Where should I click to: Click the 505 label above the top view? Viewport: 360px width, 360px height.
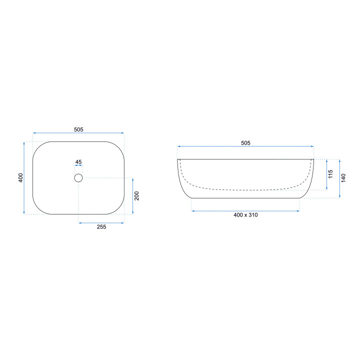[78, 129]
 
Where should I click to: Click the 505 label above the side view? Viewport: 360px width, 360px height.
[245, 143]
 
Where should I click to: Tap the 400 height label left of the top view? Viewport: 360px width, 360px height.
[20, 178]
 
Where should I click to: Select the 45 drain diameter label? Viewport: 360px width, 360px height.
[78, 162]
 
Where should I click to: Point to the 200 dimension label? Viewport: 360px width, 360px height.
[136, 196]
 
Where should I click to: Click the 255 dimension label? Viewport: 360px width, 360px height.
[101, 227]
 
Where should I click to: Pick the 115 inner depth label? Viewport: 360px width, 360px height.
[330, 174]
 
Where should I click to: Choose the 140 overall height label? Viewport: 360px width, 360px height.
[343, 178]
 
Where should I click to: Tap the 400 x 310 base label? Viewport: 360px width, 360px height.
[245, 215]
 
